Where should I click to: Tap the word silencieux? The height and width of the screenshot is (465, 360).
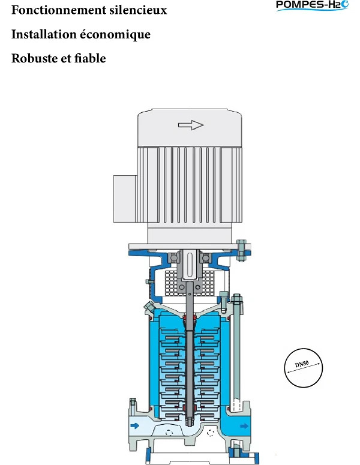pyautogui.click(x=138, y=10)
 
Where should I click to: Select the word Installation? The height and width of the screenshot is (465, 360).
pyautogui.click(x=44, y=34)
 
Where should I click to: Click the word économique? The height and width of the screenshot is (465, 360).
pyautogui.click(x=115, y=35)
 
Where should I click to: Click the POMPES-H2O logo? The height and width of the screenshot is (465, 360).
pyautogui.click(x=312, y=5)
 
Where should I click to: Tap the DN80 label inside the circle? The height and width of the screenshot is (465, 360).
pyautogui.click(x=302, y=364)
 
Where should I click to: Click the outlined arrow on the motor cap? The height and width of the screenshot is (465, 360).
pyautogui.click(x=191, y=125)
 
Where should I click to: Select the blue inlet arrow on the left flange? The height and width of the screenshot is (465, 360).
pyautogui.click(x=134, y=426)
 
